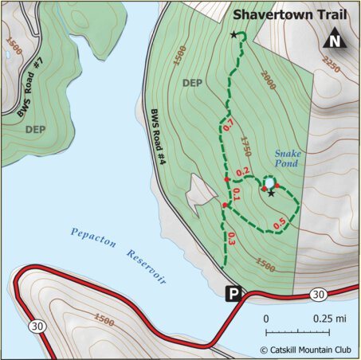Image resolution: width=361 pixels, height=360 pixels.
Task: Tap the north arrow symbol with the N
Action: (x=335, y=40)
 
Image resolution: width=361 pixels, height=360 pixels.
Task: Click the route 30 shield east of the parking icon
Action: (x=319, y=295)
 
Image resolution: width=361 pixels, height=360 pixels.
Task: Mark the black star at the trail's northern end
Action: (x=233, y=35)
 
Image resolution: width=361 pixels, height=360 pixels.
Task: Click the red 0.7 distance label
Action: (x=227, y=125)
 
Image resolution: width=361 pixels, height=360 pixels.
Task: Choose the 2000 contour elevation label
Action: (x=269, y=84)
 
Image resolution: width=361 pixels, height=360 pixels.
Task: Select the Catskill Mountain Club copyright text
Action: (x=306, y=349)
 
